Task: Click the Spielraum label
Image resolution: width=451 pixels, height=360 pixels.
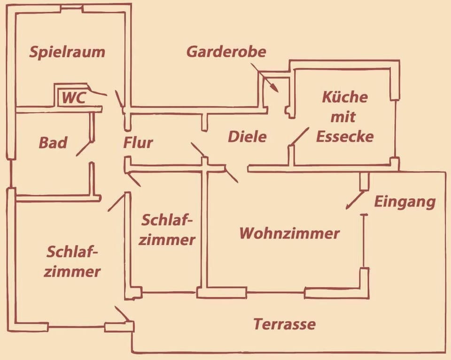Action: (67, 52)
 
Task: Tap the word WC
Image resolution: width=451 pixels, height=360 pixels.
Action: (74, 98)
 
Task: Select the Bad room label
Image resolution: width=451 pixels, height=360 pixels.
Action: (53, 143)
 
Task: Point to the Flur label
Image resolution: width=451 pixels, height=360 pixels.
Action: (138, 143)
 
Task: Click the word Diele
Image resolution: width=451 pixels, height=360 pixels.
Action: (248, 137)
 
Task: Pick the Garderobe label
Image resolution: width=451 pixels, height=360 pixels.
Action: (226, 52)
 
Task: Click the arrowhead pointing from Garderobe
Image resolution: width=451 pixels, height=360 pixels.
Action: (275, 87)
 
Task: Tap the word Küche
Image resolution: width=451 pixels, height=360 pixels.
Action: (345, 97)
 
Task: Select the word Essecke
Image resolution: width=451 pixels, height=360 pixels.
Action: (345, 136)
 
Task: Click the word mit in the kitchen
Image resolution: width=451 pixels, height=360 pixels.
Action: (343, 117)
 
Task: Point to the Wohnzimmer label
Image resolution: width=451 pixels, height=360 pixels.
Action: (290, 233)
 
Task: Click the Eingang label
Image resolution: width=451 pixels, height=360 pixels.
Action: (404, 202)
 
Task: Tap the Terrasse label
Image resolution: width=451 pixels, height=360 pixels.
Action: (285, 324)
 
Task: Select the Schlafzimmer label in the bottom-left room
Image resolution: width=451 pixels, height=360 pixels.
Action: (72, 262)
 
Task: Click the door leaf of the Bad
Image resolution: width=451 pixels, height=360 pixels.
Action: (85, 148)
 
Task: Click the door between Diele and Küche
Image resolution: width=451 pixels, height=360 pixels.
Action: (299, 136)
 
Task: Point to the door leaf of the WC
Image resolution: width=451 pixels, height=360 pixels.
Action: (97, 93)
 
